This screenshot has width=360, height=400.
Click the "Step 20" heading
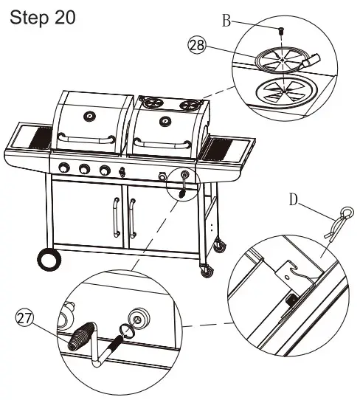[x=43, y=18]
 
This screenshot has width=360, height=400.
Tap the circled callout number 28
[x=196, y=46]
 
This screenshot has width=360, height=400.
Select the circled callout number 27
[x=24, y=318]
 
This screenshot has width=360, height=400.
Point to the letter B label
[x=226, y=21]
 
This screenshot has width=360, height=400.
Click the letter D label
[x=294, y=200]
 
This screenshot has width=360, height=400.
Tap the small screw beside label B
[x=281, y=31]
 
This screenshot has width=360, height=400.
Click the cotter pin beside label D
[x=339, y=222]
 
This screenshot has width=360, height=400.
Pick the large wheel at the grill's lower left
[x=49, y=259]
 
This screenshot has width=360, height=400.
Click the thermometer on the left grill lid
[x=89, y=117]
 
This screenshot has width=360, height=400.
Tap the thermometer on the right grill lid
[x=165, y=120]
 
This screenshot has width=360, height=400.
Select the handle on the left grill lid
[x=86, y=139]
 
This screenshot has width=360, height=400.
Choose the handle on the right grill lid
[x=162, y=143]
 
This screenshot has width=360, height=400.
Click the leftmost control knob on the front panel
[x=64, y=168]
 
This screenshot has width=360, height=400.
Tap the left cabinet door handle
[x=117, y=218]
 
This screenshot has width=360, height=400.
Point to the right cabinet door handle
[x=132, y=218]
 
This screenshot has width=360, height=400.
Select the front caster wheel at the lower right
[x=207, y=271]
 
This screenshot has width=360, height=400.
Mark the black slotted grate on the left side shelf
[x=41, y=137]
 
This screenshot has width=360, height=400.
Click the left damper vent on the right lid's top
[x=153, y=103]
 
